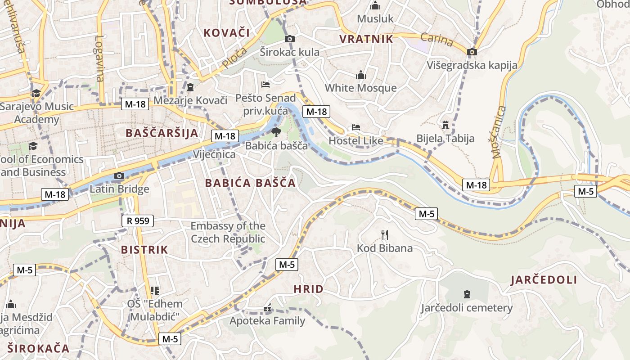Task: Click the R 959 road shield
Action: [138, 221]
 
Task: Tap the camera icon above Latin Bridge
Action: [119, 176]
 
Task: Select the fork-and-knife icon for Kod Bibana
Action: [385, 234]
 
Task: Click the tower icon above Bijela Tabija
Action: [445, 125]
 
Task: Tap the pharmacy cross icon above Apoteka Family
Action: [267, 309]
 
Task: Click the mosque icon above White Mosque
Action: [361, 75]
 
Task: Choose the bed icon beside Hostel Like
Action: [356, 127]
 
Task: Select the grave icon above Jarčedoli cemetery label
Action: [467, 294]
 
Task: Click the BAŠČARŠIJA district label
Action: [162, 133]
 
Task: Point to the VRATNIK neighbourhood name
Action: [366, 39]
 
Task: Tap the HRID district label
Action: [308, 289]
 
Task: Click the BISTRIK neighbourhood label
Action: [144, 250]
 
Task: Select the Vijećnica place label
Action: [214, 154]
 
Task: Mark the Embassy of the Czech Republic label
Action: [228, 232]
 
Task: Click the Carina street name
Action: [437, 40]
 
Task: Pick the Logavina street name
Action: [99, 58]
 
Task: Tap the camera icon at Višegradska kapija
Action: [472, 52]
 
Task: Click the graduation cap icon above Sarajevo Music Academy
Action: [36, 93]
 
